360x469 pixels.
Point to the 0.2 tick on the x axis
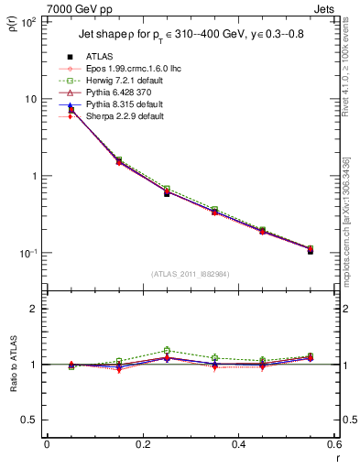pos(142,446)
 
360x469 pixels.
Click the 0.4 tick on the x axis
pos(237,446)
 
